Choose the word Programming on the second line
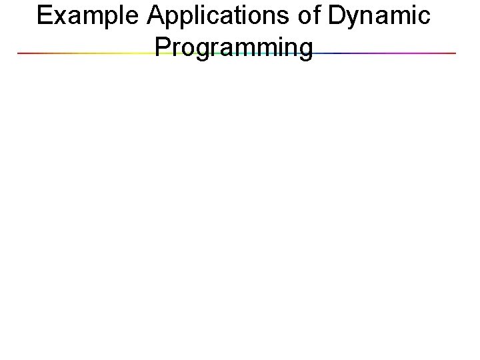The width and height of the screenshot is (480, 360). tap(233, 48)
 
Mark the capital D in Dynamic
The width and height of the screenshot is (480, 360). tap(337, 17)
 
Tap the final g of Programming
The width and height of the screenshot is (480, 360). tap(304, 51)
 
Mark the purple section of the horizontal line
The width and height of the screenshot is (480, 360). tap(407, 53)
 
